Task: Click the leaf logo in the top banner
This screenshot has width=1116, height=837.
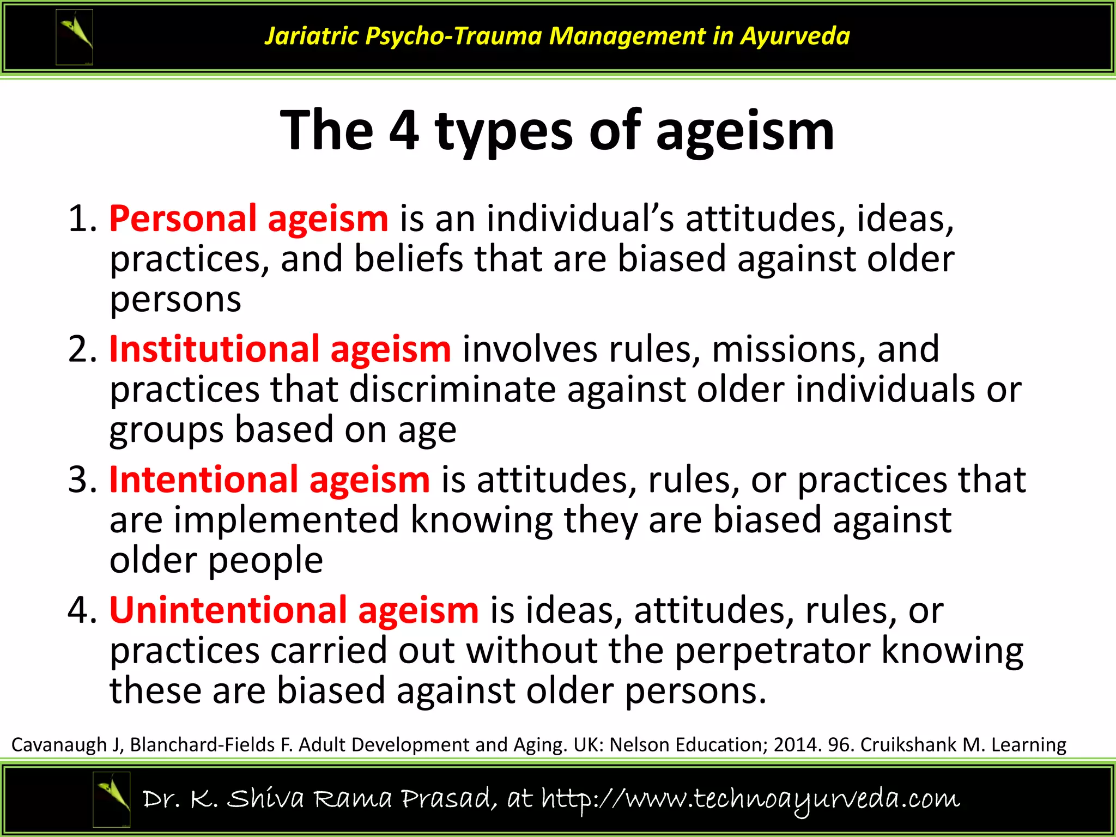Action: [x=75, y=37]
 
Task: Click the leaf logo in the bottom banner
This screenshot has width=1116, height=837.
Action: [x=112, y=799]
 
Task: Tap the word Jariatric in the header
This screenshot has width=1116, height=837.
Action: [x=312, y=36]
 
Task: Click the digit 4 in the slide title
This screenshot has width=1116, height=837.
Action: [x=404, y=131]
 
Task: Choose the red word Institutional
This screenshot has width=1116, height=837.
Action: [x=214, y=349]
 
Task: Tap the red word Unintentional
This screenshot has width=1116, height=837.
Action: [x=228, y=610]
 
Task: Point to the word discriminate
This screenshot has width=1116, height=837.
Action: [x=452, y=390]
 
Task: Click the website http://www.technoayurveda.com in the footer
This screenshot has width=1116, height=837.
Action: [x=750, y=799]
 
